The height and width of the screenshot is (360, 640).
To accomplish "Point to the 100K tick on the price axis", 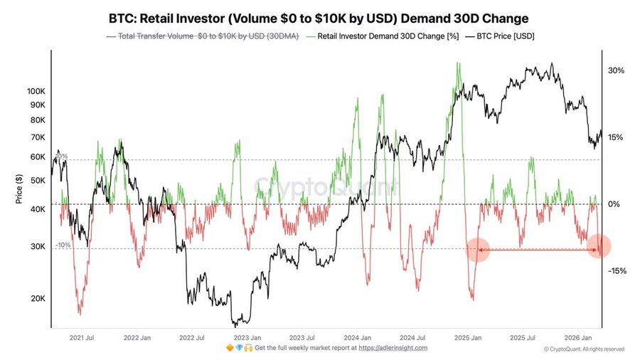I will tap(36, 91).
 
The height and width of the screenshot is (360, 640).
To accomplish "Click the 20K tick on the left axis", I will tap(37, 299).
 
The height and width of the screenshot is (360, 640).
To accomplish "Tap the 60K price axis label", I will tap(37, 157).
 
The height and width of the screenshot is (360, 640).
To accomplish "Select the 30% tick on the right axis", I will tap(616, 71).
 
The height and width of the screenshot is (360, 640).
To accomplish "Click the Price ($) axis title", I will tap(20, 189).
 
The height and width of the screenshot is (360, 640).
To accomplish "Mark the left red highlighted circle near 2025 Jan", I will tap(478, 250).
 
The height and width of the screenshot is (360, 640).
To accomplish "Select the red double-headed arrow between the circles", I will tap(538, 250).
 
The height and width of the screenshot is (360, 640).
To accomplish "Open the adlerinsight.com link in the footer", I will tap(393, 348).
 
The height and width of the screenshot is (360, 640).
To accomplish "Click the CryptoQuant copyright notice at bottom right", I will tap(584, 349).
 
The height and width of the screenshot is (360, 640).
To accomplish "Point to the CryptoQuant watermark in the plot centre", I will tap(326, 188).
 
